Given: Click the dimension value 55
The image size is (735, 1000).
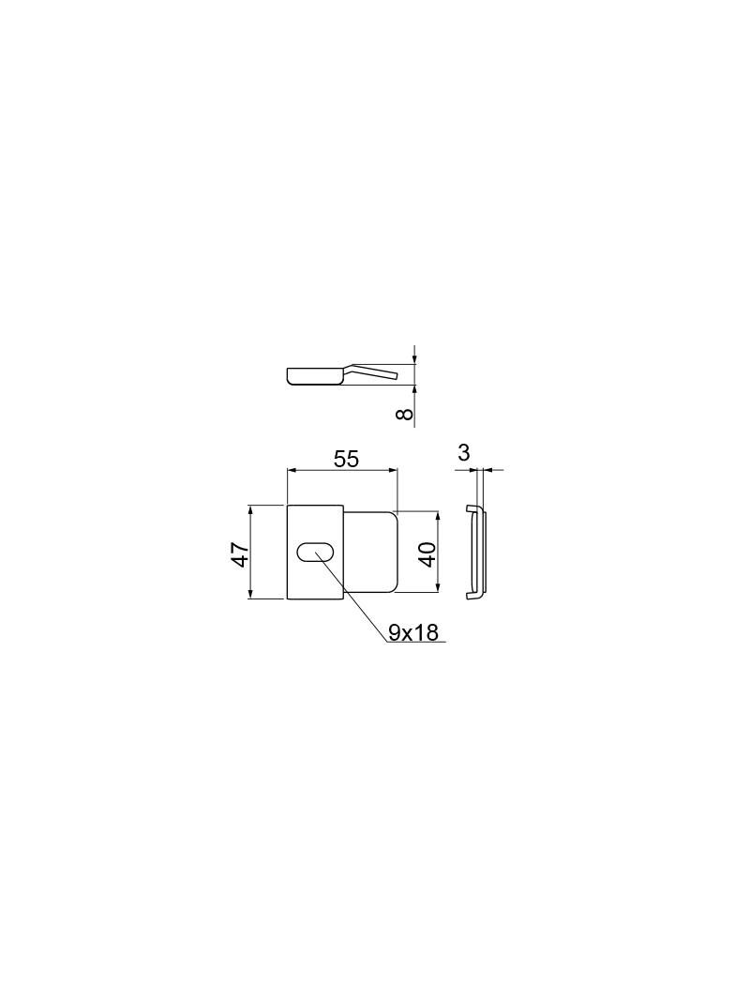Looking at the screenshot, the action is pyautogui.click(x=346, y=459).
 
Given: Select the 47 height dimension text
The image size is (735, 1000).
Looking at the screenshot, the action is pyautogui.click(x=240, y=553).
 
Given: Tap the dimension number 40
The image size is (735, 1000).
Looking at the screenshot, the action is pyautogui.click(x=427, y=553).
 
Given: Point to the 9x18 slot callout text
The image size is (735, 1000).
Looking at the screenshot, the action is pyautogui.click(x=413, y=632).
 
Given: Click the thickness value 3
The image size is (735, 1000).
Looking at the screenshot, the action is pyautogui.click(x=463, y=452).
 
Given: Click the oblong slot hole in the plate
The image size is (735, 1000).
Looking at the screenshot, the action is pyautogui.click(x=315, y=552).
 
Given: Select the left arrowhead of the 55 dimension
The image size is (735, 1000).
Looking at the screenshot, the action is pyautogui.click(x=292, y=470).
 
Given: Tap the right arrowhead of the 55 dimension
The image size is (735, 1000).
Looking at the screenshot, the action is pyautogui.click(x=393, y=470).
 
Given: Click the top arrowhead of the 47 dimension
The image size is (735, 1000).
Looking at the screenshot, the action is pyautogui.click(x=250, y=510).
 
